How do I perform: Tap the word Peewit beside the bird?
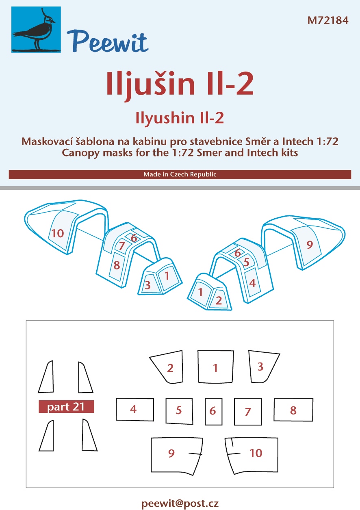[108, 42]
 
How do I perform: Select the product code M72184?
[327, 20]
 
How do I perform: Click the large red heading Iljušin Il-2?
[180, 84]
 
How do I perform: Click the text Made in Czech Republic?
[180, 174]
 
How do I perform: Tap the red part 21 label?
[66, 406]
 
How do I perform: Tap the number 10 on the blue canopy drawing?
[58, 233]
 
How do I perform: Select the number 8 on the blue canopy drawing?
[117, 265]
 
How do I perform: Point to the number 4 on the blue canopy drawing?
[252, 283]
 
